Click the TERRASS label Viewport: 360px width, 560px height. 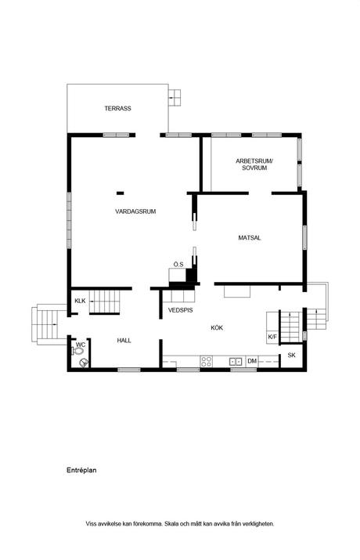point(117,108)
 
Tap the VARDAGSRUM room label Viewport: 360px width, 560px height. point(135,211)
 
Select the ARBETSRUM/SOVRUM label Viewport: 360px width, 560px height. point(254,164)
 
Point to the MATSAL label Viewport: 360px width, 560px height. point(250,237)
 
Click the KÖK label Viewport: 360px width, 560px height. point(217,327)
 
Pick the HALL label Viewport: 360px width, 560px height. point(124,341)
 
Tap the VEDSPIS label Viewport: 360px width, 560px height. point(180,310)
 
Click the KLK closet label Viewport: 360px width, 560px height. point(80,301)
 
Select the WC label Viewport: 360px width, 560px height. point(81,345)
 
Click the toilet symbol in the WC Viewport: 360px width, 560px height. point(77,352)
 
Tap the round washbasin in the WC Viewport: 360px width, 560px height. point(84,363)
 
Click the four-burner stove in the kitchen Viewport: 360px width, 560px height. point(206,361)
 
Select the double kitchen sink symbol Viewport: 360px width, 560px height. point(235,362)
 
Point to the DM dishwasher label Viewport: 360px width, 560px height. point(252,361)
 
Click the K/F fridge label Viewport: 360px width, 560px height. point(272,337)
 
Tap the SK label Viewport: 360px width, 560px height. point(291,356)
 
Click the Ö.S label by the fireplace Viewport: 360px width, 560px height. point(178,264)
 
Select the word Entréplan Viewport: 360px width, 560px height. point(81,471)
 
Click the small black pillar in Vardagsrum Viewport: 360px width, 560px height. point(121,193)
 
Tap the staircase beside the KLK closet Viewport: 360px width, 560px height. point(104,302)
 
